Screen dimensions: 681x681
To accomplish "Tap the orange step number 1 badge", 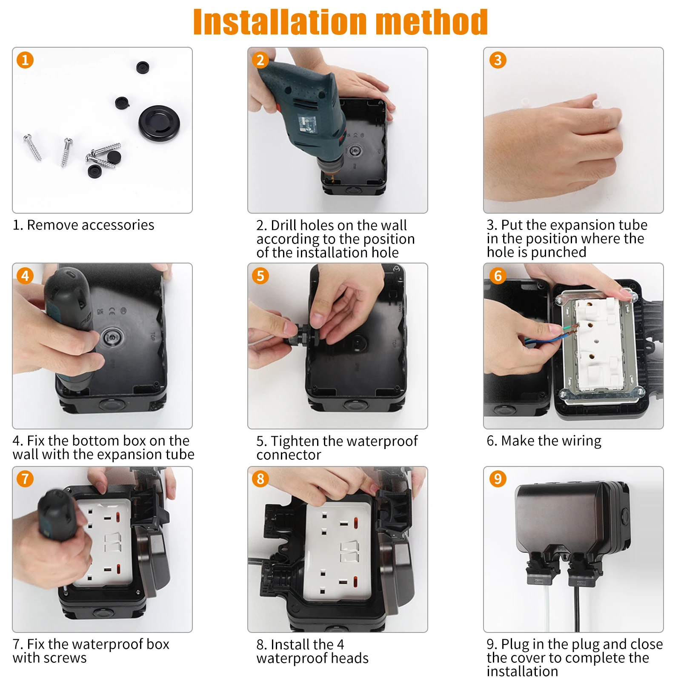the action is [25, 60].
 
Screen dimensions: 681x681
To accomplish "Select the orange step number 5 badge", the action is [260, 276].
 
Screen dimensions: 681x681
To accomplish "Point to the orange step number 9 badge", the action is [498, 479].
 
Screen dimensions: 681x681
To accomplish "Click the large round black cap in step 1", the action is [159, 123].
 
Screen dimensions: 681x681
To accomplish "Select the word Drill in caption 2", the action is [283, 225].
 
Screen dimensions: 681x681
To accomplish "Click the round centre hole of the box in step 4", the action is [112, 338].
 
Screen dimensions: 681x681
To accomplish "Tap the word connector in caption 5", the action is [289, 455].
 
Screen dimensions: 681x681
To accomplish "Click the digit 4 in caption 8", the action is [340, 644].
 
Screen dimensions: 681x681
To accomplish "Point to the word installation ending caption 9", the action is [522, 671].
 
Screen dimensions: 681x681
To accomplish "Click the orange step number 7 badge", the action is [25, 479].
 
